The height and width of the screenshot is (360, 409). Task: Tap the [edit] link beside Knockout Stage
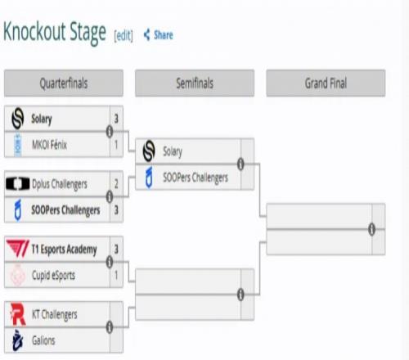point(124,35)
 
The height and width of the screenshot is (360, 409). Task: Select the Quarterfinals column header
point(64,83)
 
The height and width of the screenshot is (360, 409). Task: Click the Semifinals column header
point(195,83)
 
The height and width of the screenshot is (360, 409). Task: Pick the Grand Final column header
point(326,83)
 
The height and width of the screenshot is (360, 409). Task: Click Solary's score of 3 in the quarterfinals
point(116,119)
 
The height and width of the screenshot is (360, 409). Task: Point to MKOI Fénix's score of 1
point(116,145)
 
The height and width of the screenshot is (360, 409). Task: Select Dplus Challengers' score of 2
point(116,184)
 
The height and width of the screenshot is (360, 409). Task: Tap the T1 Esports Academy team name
point(64,250)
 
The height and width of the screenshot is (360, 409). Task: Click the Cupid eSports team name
point(53,276)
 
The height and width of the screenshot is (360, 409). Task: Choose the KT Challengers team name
point(55,315)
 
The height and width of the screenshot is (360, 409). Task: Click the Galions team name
point(43,340)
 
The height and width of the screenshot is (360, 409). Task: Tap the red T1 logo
point(18,249)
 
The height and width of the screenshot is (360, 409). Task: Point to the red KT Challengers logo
point(18,314)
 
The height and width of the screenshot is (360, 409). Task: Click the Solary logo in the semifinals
point(149,151)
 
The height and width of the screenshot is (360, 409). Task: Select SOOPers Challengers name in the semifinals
point(196,178)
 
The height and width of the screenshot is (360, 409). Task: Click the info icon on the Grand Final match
point(371,229)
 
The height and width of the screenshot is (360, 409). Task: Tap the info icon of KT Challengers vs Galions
point(110,327)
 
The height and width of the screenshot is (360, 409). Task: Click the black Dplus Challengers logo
point(18,183)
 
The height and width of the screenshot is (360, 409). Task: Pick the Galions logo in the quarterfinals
point(18,340)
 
